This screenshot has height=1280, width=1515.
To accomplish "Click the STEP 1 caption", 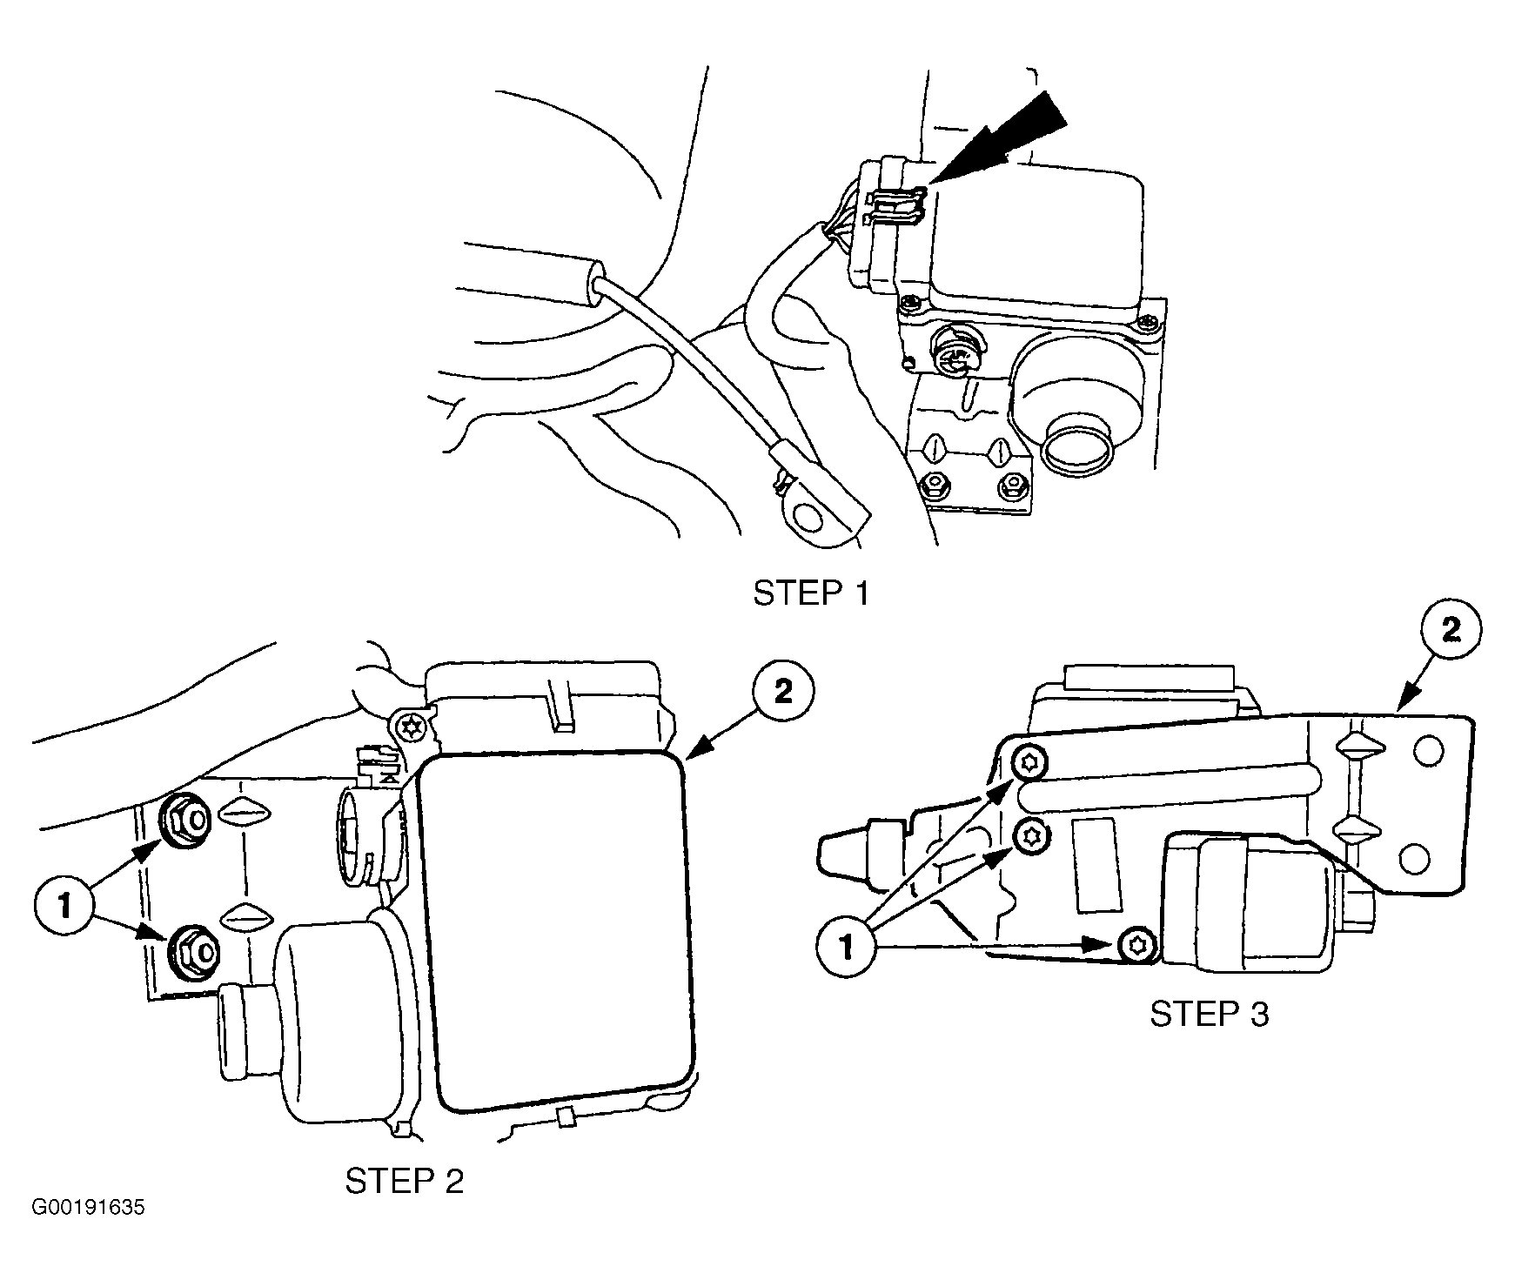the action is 810,593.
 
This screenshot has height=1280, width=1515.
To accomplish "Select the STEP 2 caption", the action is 405,1181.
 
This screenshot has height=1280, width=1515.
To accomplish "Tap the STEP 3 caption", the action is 1210,1014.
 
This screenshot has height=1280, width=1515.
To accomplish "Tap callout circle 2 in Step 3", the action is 1451,632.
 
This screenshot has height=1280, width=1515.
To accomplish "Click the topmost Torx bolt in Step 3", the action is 1032,764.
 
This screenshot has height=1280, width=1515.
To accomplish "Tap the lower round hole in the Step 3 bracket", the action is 1416,860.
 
